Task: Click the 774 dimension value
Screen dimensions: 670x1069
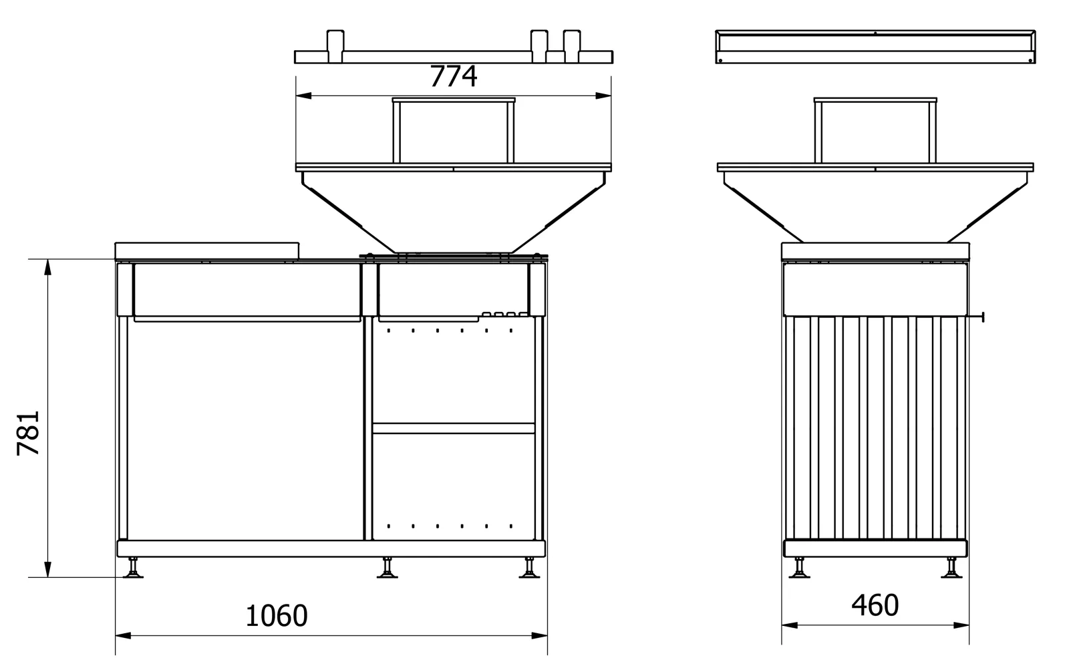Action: coord(453,76)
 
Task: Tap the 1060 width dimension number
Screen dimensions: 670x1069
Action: coord(277,616)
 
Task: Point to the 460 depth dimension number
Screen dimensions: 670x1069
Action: coord(875,605)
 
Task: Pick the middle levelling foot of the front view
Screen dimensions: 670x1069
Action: coord(387,569)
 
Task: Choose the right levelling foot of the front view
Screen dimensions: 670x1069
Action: coord(530,569)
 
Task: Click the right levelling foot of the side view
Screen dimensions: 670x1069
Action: coord(951,569)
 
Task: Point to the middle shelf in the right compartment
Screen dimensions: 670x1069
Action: coord(454,428)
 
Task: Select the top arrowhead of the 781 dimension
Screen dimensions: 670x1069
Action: coord(47,267)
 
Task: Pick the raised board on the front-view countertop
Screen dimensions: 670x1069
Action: coord(207,250)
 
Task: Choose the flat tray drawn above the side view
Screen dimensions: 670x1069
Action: coord(875,47)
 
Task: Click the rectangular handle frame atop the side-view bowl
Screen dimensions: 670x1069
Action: coord(875,130)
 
